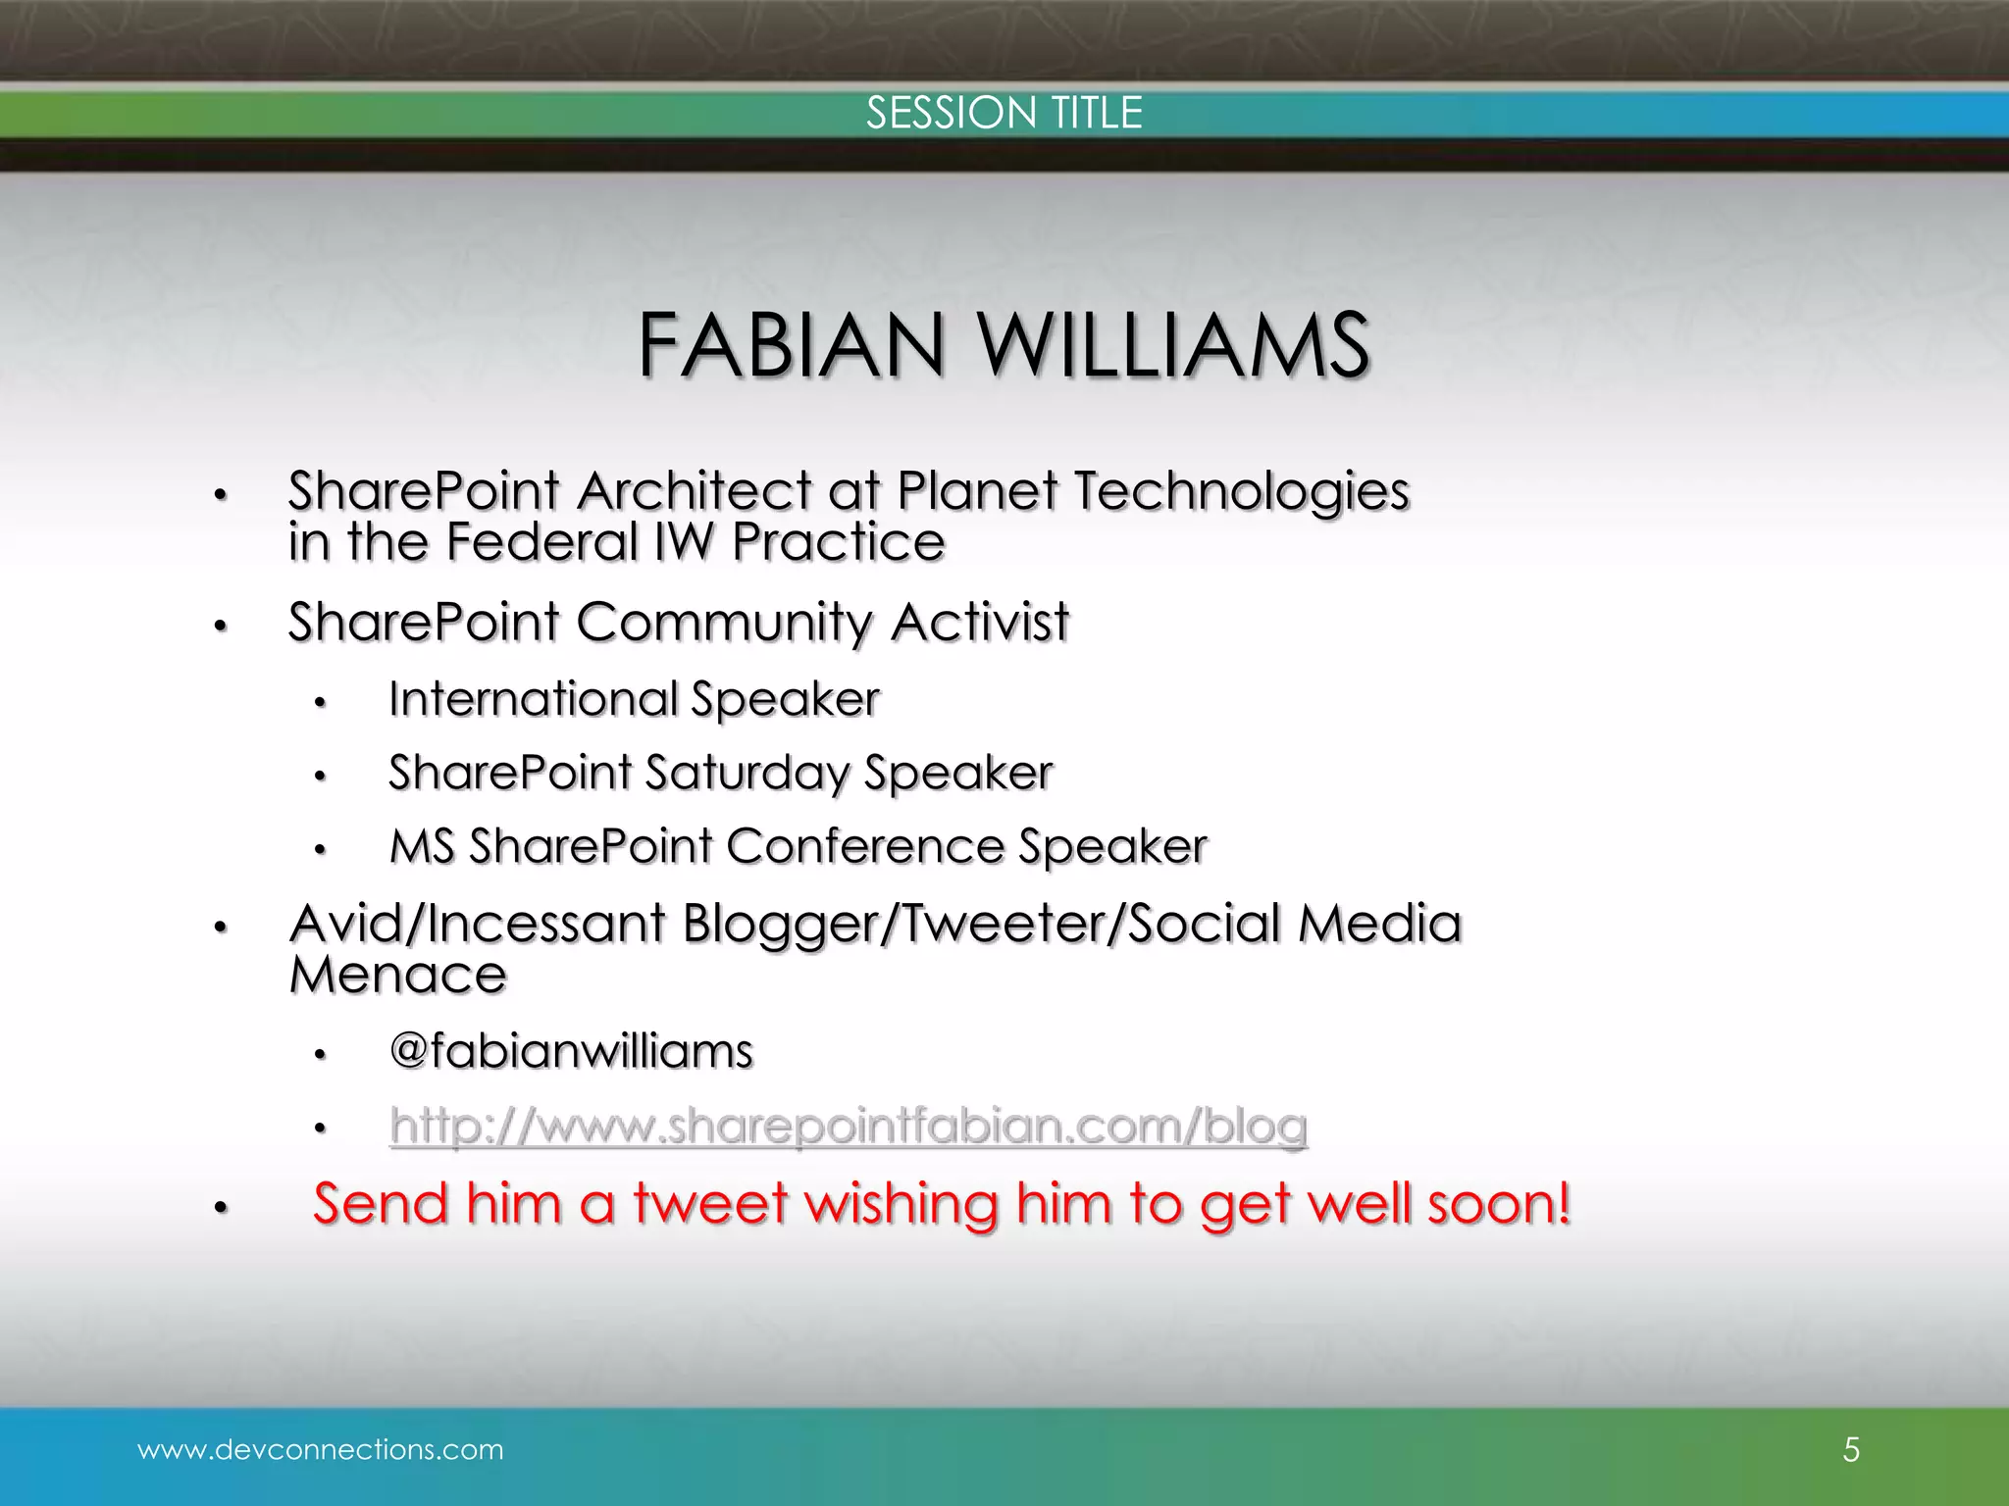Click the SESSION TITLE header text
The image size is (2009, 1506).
coord(1004,113)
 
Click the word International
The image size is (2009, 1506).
coord(533,699)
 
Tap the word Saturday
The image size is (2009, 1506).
coord(747,774)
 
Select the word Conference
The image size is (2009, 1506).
coord(864,846)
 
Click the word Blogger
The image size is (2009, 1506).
coord(780,925)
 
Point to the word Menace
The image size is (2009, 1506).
coord(398,975)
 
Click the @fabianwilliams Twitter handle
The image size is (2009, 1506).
coord(571,1051)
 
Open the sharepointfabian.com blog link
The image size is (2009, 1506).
coord(848,1126)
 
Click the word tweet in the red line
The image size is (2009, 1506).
coord(710,1203)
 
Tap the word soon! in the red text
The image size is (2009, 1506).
coord(1499,1203)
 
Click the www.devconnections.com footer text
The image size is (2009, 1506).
coord(321,1449)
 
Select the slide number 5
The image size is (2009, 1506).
coord(1851,1449)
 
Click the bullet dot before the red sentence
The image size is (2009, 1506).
coord(221,1209)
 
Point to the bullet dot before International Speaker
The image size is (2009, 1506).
coord(319,703)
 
